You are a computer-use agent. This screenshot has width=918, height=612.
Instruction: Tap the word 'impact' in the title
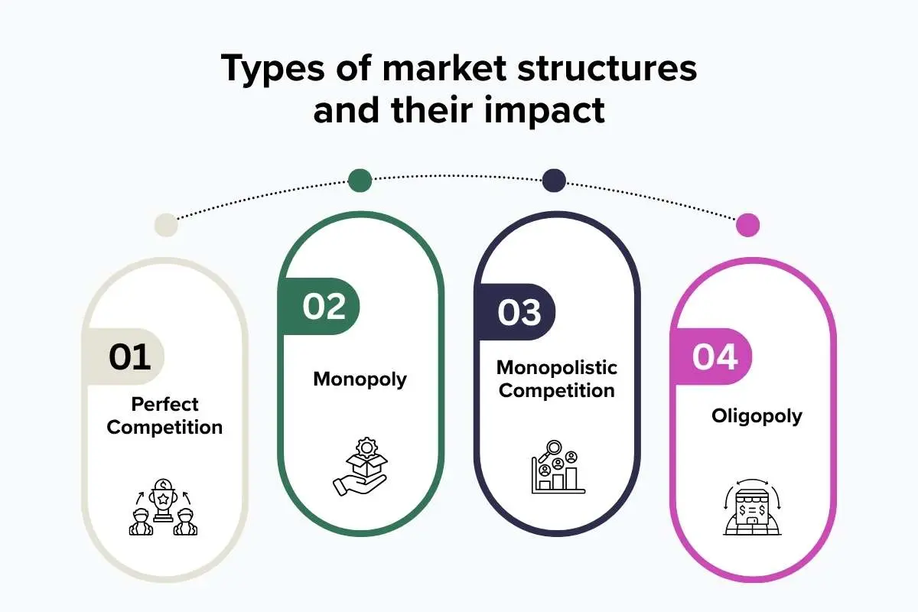pos(545,111)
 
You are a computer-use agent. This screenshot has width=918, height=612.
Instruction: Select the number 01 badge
pos(123,356)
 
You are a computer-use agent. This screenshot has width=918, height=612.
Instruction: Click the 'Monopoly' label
pos(360,379)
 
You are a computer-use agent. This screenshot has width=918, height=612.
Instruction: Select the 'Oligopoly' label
pos(757,416)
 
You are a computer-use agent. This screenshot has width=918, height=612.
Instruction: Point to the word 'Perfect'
pos(164,404)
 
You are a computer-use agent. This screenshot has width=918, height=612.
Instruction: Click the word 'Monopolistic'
pos(557,367)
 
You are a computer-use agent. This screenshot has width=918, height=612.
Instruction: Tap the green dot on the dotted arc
pos(360,181)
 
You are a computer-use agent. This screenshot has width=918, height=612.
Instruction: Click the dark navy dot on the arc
pos(554,181)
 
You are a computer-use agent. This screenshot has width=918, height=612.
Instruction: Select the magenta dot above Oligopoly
pos(748,225)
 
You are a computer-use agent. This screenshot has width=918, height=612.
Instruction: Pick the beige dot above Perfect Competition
pos(166,225)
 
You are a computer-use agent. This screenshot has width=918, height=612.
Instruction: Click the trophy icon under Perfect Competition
pos(163,507)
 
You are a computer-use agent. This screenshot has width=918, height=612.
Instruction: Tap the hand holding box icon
pos(360,467)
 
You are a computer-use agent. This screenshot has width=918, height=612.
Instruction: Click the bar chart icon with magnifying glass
pos(558,467)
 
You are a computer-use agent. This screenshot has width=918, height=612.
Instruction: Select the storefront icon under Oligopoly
pos(753,507)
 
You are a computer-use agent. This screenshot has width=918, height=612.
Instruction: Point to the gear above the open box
pos(366,448)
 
